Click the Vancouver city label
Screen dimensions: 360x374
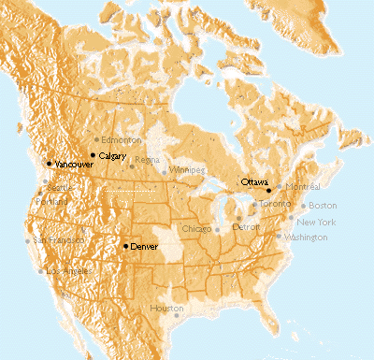(x=75, y=165)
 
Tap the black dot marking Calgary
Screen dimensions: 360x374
(x=93, y=154)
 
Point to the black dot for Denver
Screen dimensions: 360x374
(x=125, y=245)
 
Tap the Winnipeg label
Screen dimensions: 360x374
(x=186, y=171)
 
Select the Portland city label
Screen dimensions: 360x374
(x=52, y=201)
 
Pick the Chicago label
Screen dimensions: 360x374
(x=197, y=229)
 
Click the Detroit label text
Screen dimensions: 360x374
(x=247, y=227)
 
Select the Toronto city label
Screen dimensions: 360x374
(x=276, y=204)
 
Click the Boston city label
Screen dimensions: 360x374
(x=322, y=206)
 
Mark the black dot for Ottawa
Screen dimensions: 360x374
(x=268, y=190)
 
